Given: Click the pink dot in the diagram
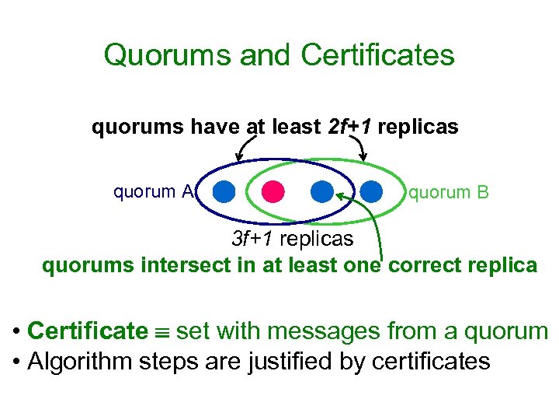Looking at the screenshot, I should click(272, 191).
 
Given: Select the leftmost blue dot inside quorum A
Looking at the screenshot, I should click(224, 191).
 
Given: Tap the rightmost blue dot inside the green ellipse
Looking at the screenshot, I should click(372, 191).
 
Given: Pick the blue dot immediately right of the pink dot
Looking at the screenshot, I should click(321, 191).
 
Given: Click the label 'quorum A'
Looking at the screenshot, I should click(153, 191).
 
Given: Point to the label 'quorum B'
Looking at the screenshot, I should click(449, 191).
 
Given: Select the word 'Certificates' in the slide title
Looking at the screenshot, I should click(377, 55).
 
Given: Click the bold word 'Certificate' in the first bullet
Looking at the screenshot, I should click(87, 331).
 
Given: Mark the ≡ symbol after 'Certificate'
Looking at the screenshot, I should click(161, 332).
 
